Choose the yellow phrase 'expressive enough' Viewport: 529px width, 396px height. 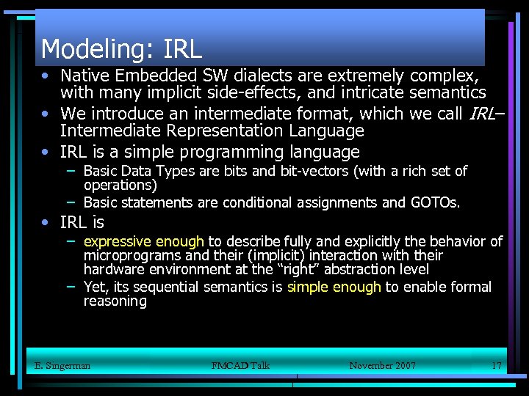pos(144,241)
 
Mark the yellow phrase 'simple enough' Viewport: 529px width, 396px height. pos(334,287)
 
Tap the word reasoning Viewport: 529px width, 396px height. pos(115,301)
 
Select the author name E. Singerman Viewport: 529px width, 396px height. pos(62,365)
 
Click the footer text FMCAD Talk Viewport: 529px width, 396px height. pos(240,365)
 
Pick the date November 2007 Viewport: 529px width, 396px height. pos(382,365)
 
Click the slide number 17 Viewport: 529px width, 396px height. pos(496,365)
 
